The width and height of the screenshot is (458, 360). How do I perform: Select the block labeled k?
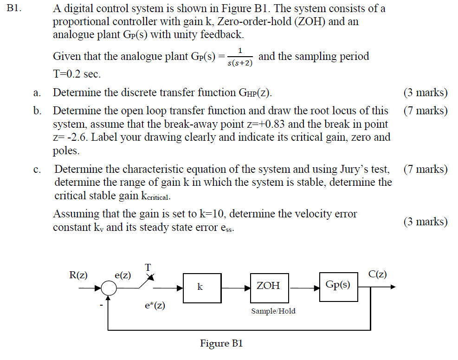pos(200,287)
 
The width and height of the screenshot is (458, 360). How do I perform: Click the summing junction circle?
pos(109,288)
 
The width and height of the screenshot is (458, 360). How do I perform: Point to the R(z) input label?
pos(78,275)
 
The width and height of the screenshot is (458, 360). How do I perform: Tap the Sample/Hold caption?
pos(273,311)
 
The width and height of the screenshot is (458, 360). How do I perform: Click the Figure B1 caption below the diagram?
pos(221,344)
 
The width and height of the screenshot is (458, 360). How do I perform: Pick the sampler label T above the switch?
pos(148,267)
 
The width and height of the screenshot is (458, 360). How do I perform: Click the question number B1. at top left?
pos(16,8)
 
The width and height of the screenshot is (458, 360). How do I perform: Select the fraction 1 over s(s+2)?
pos(240,57)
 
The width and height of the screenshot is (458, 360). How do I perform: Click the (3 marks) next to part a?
pos(426,92)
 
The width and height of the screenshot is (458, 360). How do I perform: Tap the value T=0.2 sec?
pos(77,74)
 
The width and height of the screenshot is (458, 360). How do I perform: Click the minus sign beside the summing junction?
pos(100,306)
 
